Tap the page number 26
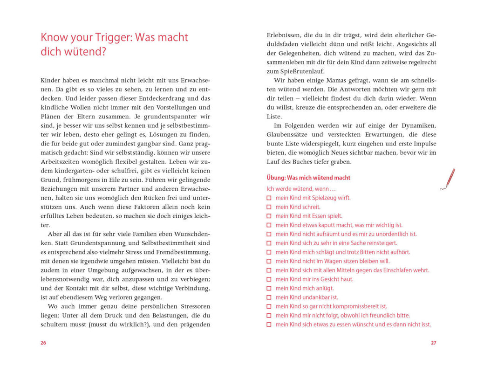43,343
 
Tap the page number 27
433,343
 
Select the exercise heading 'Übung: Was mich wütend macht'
308,178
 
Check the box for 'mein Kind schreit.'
269,207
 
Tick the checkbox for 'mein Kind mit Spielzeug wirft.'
269,198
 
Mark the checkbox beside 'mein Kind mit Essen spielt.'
269,216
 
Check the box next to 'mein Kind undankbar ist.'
269,297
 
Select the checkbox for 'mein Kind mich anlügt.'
269,289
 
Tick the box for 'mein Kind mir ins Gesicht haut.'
269,279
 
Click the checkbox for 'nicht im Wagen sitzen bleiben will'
269,262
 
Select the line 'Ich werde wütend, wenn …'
301,189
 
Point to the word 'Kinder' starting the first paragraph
50,80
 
